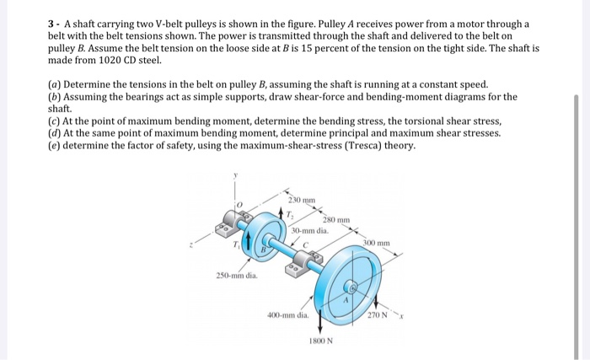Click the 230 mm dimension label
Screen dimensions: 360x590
[300, 200]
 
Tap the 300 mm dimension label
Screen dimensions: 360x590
[377, 243]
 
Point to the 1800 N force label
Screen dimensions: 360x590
[321, 341]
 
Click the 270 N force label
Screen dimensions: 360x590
[375, 315]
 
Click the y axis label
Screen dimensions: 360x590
[235, 174]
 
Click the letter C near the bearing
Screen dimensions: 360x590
[307, 246]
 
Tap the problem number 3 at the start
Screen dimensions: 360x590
[51, 24]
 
